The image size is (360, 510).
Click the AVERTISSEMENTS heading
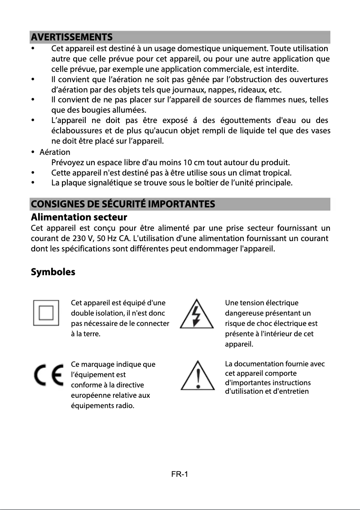pos(71,37)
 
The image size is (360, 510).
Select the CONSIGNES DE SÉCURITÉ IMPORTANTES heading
pos(123,204)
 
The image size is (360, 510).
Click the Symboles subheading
pos(53,272)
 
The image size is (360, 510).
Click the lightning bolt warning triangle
pos(197,313)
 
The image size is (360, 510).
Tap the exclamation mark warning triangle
pos(198,377)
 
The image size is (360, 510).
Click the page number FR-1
pos(180,475)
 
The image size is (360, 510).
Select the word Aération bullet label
pos(55,152)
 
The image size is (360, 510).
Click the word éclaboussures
pos(78,131)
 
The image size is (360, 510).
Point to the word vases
pos(321,131)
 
